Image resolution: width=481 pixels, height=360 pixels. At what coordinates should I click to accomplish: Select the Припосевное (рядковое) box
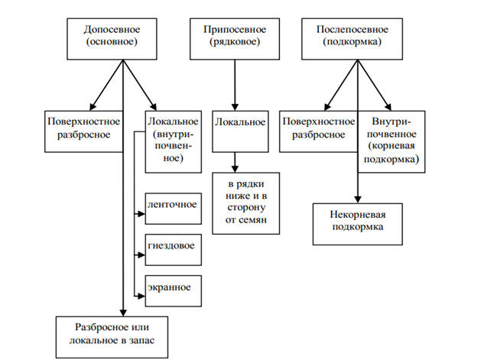[x=235, y=37]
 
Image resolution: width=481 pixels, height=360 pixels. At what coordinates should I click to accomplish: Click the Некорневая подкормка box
[x=356, y=222]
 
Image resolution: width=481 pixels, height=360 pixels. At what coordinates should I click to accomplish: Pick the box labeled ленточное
[x=172, y=205]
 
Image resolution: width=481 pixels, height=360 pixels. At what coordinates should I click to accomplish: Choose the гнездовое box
[x=172, y=248]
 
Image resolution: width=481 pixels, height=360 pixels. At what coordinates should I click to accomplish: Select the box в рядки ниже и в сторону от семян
[x=243, y=203]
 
